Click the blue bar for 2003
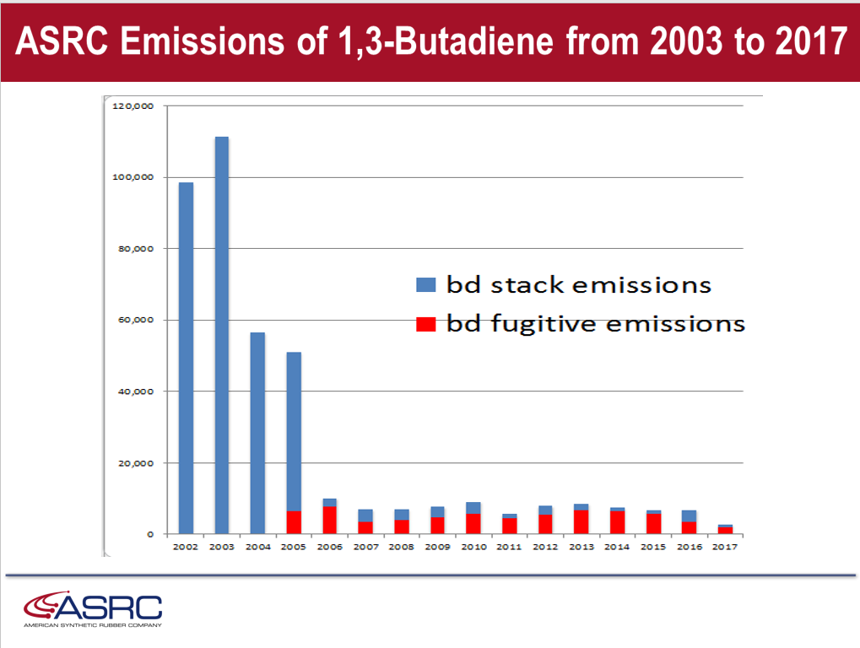click(x=222, y=336)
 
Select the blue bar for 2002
click(x=186, y=358)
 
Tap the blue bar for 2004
click(x=257, y=433)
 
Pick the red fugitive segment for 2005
click(x=294, y=522)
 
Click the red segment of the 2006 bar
click(x=330, y=521)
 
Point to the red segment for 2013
click(x=581, y=522)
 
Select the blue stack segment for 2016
click(x=690, y=516)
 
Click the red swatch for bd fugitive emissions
click(x=425, y=325)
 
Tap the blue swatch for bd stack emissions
click(x=425, y=284)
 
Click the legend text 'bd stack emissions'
click(x=579, y=285)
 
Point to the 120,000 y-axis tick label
click(x=133, y=105)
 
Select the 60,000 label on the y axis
click(x=136, y=320)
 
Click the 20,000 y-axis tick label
click(x=136, y=463)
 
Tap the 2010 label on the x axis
click(x=473, y=547)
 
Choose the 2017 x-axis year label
click(x=724, y=547)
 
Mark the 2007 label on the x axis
click(x=365, y=547)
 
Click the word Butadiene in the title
click(x=473, y=41)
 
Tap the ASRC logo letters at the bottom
click(x=109, y=607)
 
